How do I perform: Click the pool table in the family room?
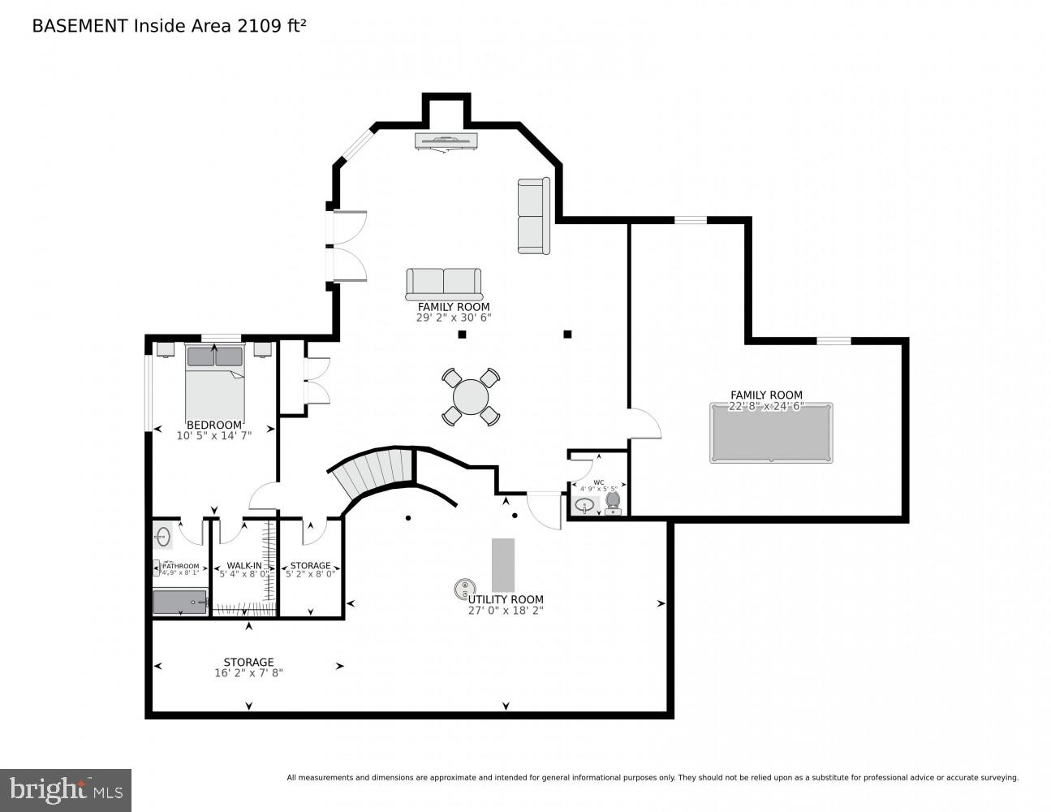pos(771,434)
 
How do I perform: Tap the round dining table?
pos(471,397)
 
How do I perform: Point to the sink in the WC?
pos(585,505)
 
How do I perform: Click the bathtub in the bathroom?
pos(180,602)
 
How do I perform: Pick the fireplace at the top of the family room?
pos(446,141)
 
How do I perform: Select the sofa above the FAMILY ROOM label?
pos(444,284)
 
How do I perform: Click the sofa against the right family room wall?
pos(533,215)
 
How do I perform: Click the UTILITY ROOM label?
pos(505,599)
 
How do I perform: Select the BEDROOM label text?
pos(214,425)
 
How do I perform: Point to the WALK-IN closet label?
pos(243,565)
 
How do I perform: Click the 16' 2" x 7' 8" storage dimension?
pos(248,673)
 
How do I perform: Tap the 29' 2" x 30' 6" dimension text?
pos(454,317)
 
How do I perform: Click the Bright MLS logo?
pos(65,789)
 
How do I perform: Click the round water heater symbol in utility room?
pos(464,588)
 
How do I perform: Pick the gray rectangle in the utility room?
pos(503,564)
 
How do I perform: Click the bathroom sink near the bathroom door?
pos(163,537)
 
